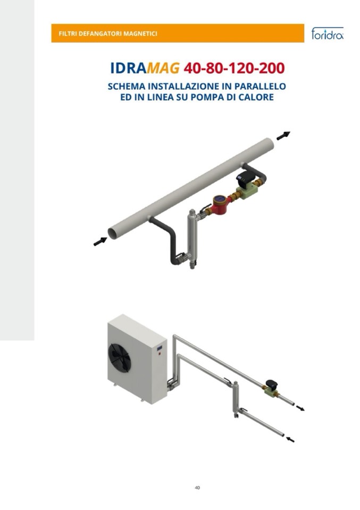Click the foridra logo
327,33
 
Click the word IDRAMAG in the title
145,68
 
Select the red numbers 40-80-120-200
234,68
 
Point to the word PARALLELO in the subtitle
260,87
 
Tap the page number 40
197,488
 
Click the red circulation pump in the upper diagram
221,205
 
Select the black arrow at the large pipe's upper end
283,136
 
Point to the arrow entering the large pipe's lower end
100,241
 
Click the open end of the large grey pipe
113,233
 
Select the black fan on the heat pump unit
119,357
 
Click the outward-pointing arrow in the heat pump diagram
300,408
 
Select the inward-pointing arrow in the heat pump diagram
290,440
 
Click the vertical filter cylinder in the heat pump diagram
236,399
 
